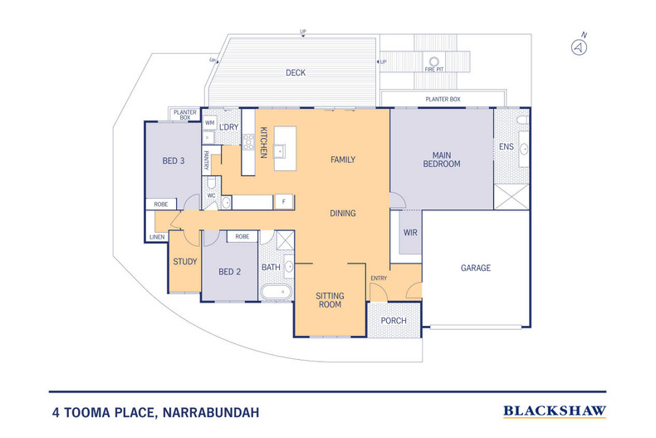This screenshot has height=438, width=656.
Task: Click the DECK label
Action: pyautogui.click(x=296, y=73)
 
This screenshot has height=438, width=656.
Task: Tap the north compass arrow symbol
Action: pyautogui.click(x=579, y=47)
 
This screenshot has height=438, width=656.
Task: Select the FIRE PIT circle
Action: pyautogui.click(x=434, y=62)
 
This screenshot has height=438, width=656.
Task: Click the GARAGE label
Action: pyautogui.click(x=476, y=268)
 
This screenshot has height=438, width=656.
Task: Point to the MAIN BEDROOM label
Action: pyautogui.click(x=442, y=160)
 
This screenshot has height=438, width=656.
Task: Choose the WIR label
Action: pyautogui.click(x=410, y=233)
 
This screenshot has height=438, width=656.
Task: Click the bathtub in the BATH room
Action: pyautogui.click(x=276, y=292)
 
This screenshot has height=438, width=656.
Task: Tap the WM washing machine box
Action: pyautogui.click(x=209, y=123)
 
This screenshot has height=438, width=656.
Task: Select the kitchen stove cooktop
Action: pyautogui.click(x=248, y=142)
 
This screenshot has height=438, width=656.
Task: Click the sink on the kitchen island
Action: pyautogui.click(x=280, y=151)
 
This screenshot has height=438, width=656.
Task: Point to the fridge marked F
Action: pyautogui.click(x=284, y=202)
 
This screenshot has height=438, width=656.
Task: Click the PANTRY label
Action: pyautogui.click(x=206, y=160)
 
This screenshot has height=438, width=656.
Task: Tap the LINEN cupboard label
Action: pyautogui.click(x=157, y=237)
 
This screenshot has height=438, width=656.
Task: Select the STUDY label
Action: pyautogui.click(x=185, y=262)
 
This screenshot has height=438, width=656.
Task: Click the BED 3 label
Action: pyautogui.click(x=174, y=160)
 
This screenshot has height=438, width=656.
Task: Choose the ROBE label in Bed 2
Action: pyautogui.click(x=242, y=237)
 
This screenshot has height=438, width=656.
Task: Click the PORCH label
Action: pyautogui.click(x=394, y=321)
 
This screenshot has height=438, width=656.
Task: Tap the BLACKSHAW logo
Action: pyautogui.click(x=555, y=411)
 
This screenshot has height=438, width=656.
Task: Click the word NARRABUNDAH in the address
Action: pyautogui.click(x=211, y=413)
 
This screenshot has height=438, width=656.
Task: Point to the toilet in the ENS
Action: pyautogui.click(x=522, y=121)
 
